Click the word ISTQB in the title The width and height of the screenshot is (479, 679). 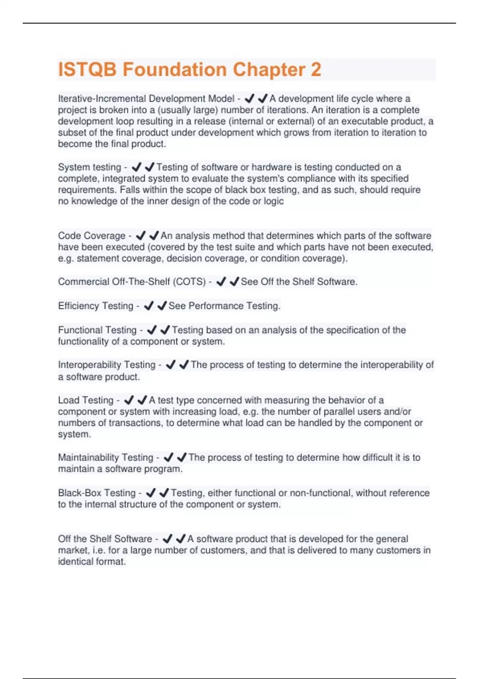(x=87, y=69)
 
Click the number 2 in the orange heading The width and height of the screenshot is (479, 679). (x=316, y=69)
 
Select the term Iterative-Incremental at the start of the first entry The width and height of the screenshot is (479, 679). (x=102, y=99)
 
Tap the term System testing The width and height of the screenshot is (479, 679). (x=89, y=167)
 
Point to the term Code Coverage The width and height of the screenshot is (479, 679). (x=92, y=236)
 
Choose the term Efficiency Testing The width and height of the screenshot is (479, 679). (x=96, y=306)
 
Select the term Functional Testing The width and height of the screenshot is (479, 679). (x=97, y=330)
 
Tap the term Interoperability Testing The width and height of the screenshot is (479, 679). (x=107, y=365)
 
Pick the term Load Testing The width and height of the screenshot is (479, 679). (x=86, y=400)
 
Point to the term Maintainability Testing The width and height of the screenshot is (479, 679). (x=106, y=457)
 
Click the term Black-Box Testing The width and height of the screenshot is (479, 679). (x=97, y=493)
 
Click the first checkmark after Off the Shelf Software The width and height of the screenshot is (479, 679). (x=168, y=539)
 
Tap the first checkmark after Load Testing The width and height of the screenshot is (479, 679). (x=129, y=400)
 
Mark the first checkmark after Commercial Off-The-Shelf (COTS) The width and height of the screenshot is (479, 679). (x=221, y=282)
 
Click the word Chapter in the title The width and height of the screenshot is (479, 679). (x=269, y=69)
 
